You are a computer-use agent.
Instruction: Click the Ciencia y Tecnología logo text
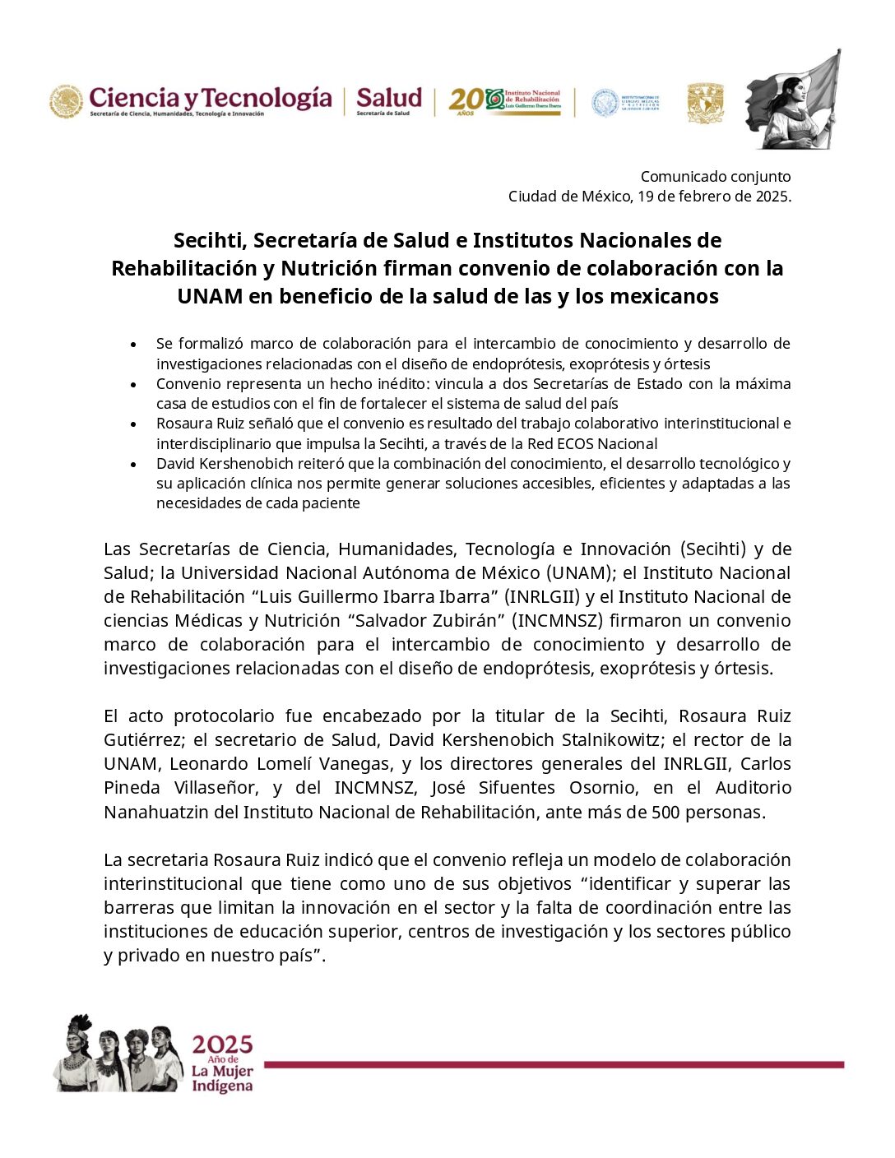[x=210, y=98]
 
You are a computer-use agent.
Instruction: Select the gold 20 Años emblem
[x=466, y=100]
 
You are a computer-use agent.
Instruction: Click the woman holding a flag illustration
[x=793, y=100]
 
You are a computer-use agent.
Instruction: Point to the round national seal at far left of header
[x=66, y=102]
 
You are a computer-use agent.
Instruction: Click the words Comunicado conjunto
[x=716, y=176]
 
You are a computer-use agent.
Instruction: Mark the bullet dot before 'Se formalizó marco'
[x=133, y=344]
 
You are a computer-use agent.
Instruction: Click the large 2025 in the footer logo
[x=222, y=1045]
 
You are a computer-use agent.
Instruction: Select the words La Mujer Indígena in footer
[x=222, y=1078]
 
